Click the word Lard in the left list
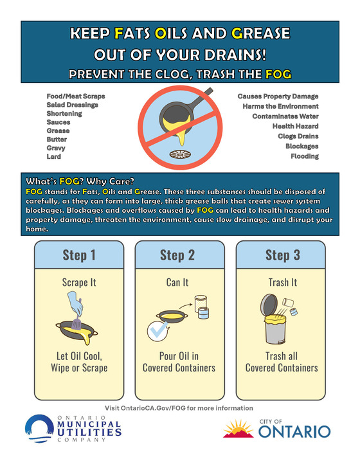pos(53,157)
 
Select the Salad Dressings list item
pos(72,105)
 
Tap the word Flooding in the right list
pos(305,156)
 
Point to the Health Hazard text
pos(296,127)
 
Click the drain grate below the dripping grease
pos(180,154)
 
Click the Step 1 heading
pos(79,255)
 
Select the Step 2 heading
pos(177,255)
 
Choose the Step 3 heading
pos(283,255)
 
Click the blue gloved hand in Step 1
pos(75,303)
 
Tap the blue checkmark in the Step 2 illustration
pos(157,330)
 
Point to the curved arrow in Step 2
pos(186,306)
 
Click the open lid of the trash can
pos(269,305)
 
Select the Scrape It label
pos(79,282)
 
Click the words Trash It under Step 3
pos(283,282)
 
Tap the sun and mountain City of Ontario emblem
pos(239,429)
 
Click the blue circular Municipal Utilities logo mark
pos(40,428)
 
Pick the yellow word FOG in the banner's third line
pos(278,74)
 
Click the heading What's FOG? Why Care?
pos(80,181)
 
